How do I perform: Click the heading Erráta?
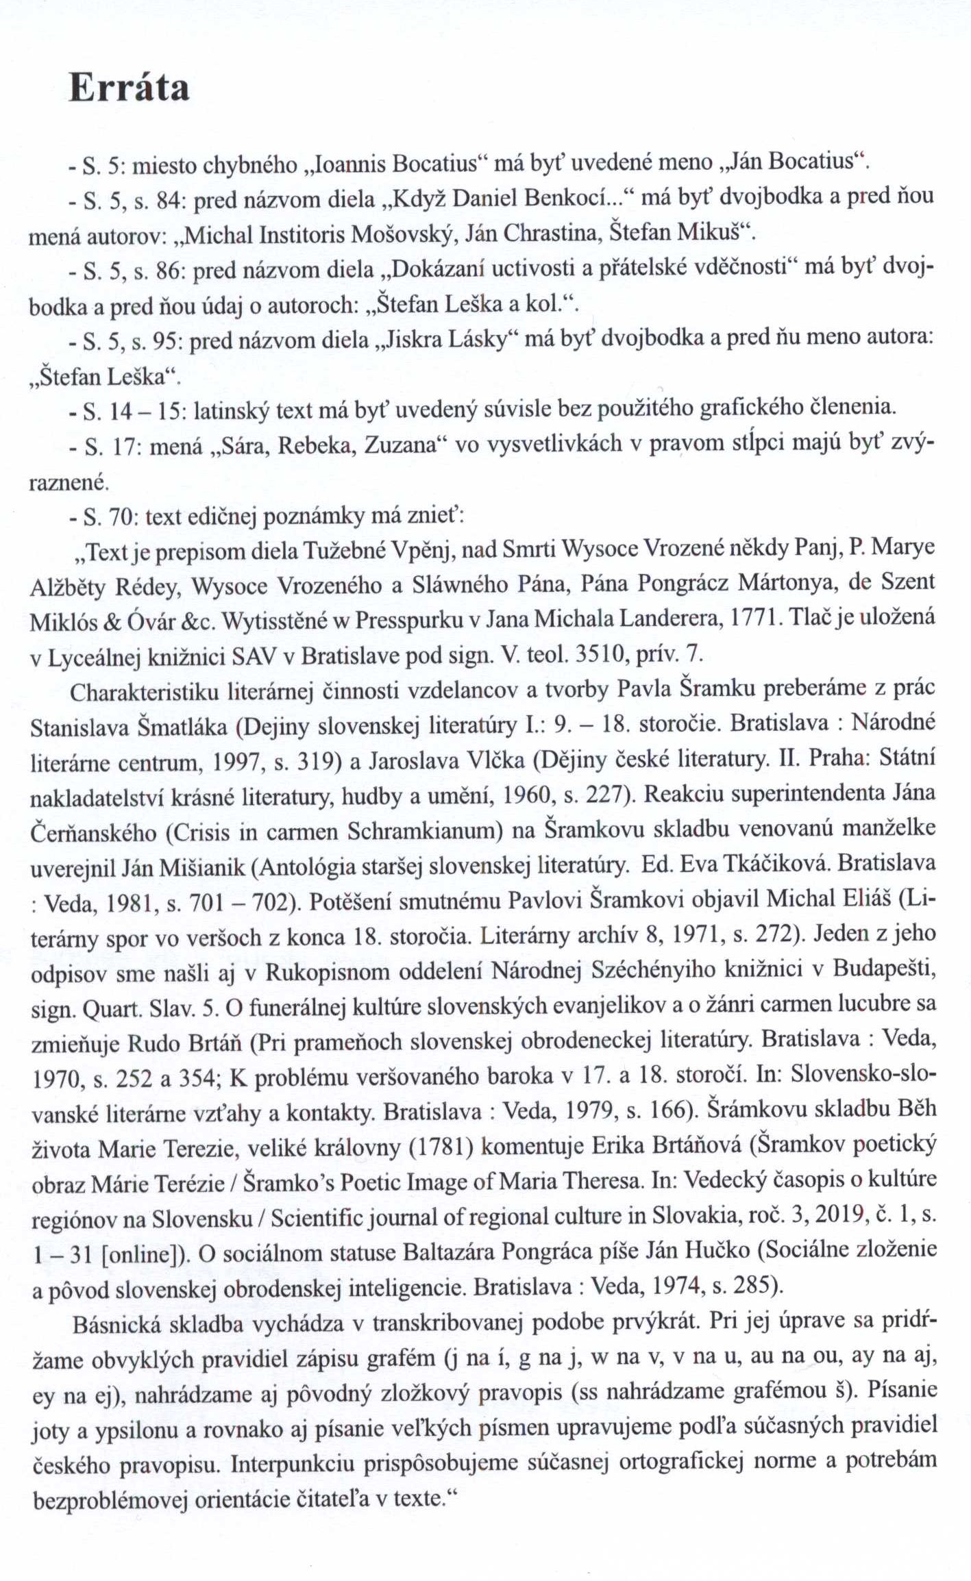(129, 89)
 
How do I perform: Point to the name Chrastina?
(553, 234)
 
